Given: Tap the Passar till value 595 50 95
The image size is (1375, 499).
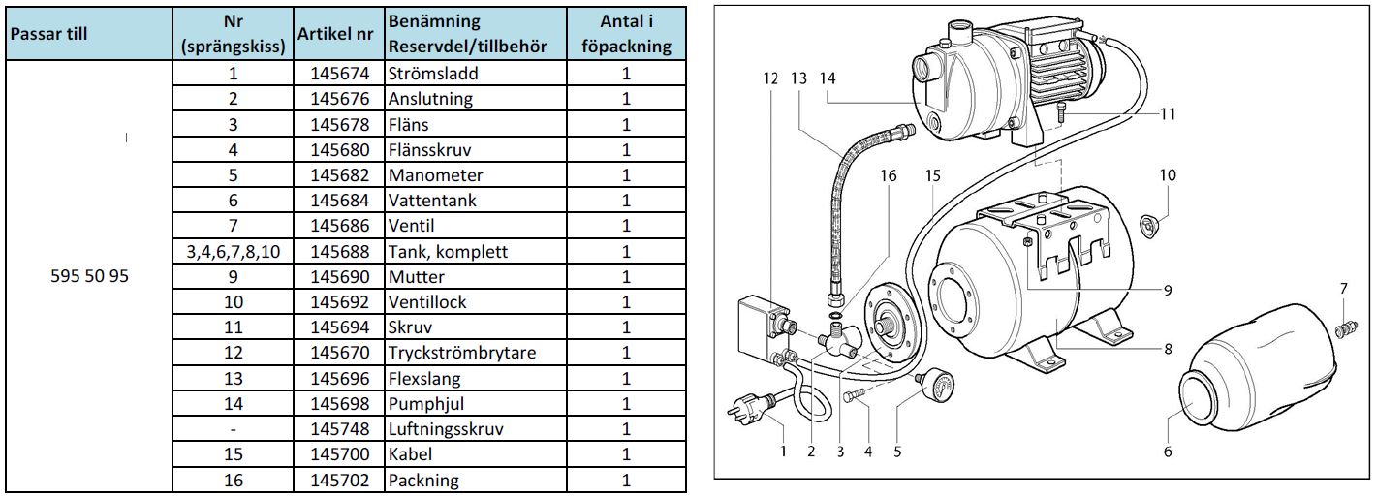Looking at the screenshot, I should (x=88, y=276).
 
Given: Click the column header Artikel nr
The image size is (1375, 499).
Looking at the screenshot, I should (x=335, y=34).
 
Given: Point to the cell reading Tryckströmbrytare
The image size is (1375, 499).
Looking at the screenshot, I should (x=461, y=353).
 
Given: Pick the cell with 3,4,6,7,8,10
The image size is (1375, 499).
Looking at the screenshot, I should (x=233, y=252).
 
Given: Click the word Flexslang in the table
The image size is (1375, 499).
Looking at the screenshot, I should (x=424, y=378).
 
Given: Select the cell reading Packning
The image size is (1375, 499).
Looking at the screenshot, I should (x=423, y=480).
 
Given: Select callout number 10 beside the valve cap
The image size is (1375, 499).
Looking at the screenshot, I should (x=1168, y=175).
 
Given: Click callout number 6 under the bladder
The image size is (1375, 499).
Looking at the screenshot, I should (x=1168, y=451).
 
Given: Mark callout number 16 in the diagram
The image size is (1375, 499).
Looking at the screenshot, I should (x=890, y=176).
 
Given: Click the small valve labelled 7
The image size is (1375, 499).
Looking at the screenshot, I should (x=1343, y=325).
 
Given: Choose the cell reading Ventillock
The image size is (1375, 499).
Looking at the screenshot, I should (x=427, y=302).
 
